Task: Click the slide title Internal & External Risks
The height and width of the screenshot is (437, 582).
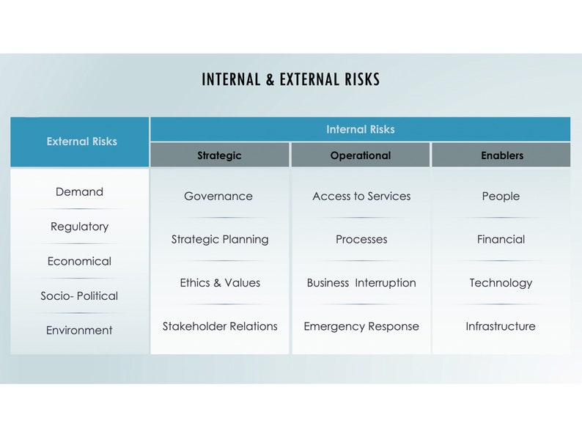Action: [x=291, y=79]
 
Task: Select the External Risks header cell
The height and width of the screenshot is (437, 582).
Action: [x=81, y=142]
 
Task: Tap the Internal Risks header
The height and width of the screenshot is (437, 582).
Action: [x=360, y=129]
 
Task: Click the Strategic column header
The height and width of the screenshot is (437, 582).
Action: [x=219, y=155]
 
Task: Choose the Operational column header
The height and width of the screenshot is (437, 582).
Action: [x=360, y=155]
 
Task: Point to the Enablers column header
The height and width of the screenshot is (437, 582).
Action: [x=502, y=155]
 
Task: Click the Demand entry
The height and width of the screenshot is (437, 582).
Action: [x=79, y=192]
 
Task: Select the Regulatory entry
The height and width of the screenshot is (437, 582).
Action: [x=79, y=227]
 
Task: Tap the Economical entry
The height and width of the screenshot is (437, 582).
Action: [x=79, y=261]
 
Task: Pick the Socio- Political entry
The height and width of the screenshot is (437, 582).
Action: [x=79, y=296]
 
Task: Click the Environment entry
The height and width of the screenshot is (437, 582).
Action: [x=79, y=331]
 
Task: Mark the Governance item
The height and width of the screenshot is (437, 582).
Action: [x=218, y=197]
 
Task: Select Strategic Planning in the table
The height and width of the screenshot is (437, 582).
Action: [x=220, y=239]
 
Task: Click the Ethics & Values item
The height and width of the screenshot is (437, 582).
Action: [x=220, y=283]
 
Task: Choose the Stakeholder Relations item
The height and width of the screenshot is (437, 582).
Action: [x=220, y=326]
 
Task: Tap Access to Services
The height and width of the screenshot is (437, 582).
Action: [x=361, y=197]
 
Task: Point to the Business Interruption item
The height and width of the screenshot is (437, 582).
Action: [x=361, y=283]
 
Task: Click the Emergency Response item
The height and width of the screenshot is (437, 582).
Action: [x=361, y=326]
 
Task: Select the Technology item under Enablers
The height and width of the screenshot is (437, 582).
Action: [x=501, y=283]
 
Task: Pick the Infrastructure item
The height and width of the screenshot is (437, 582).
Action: [x=501, y=326]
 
